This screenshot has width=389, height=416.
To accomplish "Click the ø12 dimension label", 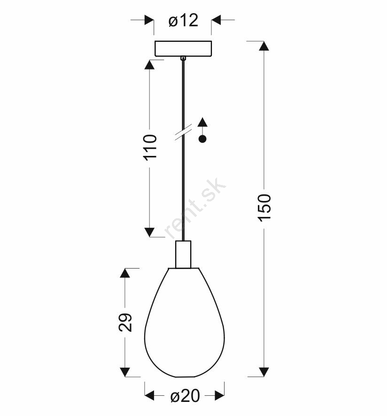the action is coord(183,21).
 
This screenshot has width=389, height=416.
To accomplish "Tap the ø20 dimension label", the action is coord(185,396).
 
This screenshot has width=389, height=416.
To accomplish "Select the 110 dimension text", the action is coord(150,147).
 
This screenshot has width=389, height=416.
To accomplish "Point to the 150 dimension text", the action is coord(265,208).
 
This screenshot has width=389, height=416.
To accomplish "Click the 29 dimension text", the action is coord(125,323).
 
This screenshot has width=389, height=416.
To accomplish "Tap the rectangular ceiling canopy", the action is coord(183,48).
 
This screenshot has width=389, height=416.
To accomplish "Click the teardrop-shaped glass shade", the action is coord(185,322).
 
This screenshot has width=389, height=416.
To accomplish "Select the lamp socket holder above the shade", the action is coord(183,254).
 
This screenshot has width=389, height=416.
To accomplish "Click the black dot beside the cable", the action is coord(202,139).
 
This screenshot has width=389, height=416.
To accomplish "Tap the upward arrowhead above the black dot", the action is coord(202,122).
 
